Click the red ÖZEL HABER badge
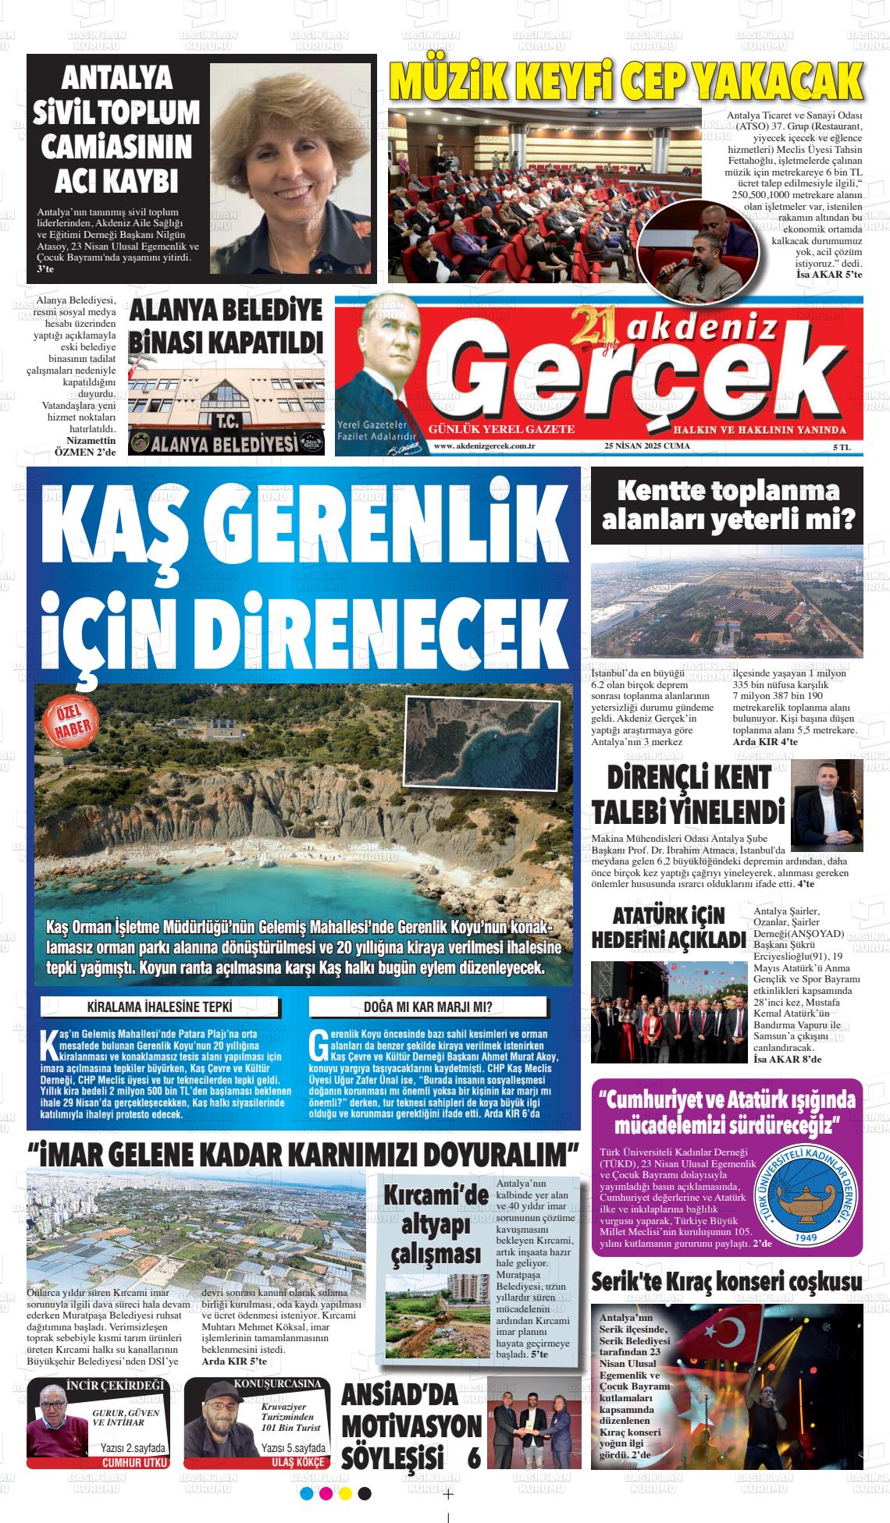tap(67, 722)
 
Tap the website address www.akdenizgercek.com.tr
tap(484, 446)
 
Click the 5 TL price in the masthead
tap(842, 446)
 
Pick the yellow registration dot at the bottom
tap(345, 1493)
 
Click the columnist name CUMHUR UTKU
tap(135, 1463)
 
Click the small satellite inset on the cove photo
tap(461, 734)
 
